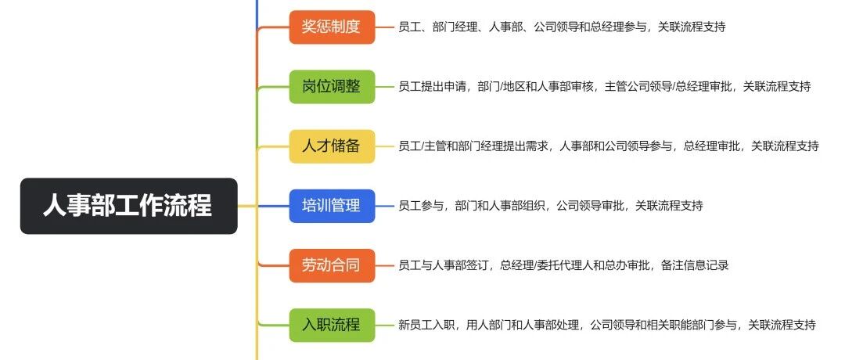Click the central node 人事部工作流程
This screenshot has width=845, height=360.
(128, 206)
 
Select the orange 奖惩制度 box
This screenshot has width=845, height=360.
(332, 27)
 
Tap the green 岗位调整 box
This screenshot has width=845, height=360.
(332, 86)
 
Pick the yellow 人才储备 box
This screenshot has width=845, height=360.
(332, 146)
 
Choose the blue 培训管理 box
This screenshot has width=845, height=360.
(332, 206)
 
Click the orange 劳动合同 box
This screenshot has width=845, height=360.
(332, 265)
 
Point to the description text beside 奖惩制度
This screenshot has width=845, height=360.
(561, 27)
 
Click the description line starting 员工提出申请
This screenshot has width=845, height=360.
(604, 87)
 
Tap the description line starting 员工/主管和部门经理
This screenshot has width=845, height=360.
(608, 146)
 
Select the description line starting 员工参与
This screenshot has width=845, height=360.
(550, 206)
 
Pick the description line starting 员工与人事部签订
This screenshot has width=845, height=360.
(563, 265)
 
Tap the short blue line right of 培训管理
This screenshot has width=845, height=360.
(385, 206)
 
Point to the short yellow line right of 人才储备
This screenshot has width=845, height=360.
(385, 146)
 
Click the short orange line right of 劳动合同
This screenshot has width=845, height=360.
(385, 265)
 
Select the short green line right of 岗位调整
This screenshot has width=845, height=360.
(385, 87)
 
